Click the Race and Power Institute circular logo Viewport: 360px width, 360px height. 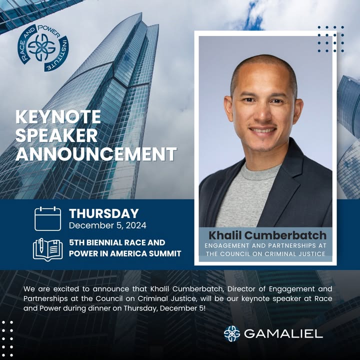point(43,48)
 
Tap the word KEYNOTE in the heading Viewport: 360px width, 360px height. point(58,117)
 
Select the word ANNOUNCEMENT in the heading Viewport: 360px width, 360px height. point(96,154)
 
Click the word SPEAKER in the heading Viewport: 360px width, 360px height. point(56,135)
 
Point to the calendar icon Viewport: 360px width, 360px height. point(48,218)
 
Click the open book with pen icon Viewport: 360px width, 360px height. point(48,249)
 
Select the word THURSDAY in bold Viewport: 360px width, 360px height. point(104,213)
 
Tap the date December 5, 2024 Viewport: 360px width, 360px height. point(107,225)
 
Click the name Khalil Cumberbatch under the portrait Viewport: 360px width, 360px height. point(267,235)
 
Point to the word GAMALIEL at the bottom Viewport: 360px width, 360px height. point(283,333)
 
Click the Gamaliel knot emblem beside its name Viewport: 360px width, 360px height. point(232,333)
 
